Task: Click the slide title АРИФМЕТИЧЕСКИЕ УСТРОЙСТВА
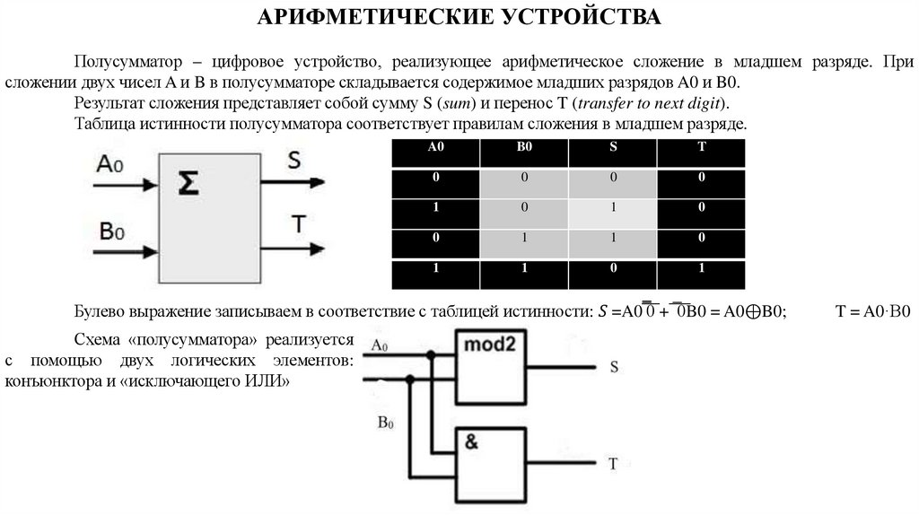(459, 18)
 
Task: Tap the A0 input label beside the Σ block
(109, 165)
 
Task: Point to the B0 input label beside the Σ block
(111, 231)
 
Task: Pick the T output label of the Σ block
(295, 223)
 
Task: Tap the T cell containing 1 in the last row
(700, 268)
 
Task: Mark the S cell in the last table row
(613, 268)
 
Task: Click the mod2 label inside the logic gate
(490, 345)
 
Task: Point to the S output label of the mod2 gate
(614, 367)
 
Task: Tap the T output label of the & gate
(614, 465)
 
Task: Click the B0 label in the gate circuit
(385, 423)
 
